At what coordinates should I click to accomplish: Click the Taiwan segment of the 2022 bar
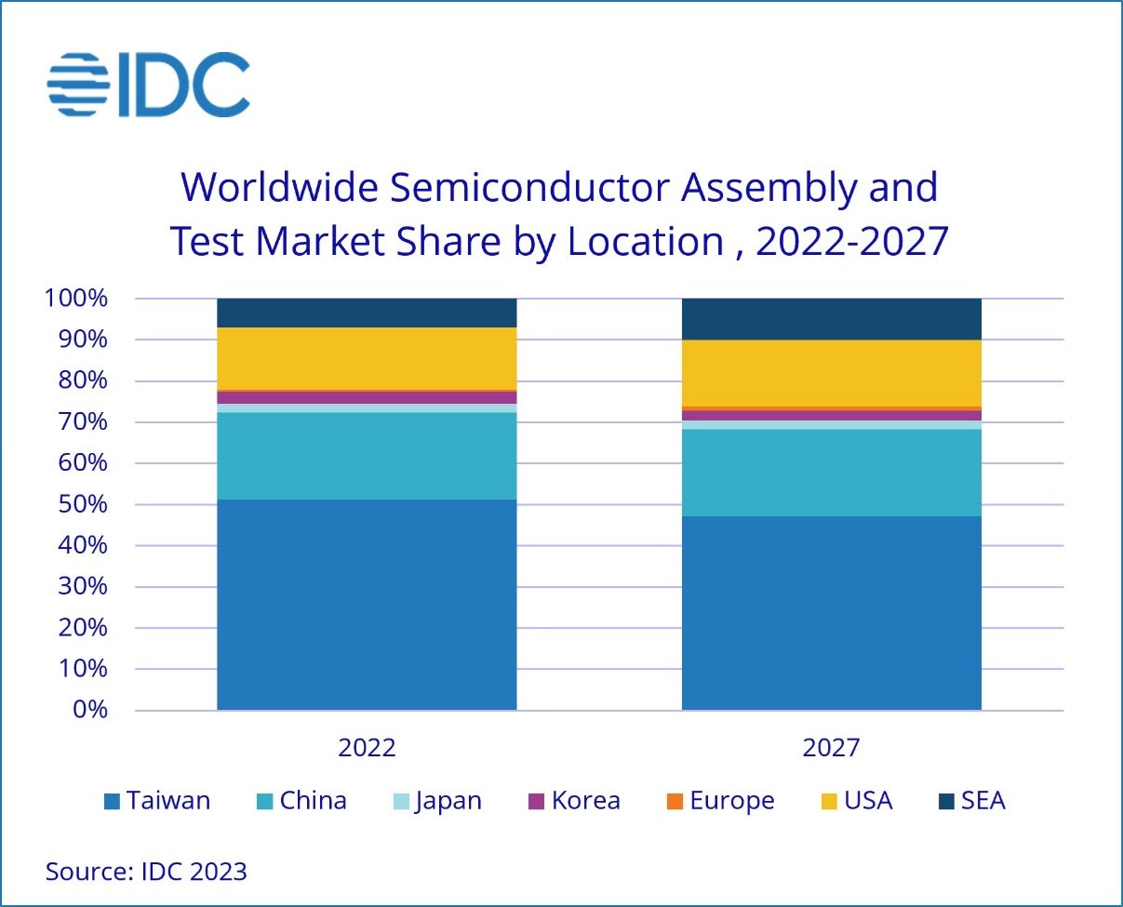[367, 605]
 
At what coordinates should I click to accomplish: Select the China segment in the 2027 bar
[831, 473]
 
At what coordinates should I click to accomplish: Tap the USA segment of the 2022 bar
[367, 358]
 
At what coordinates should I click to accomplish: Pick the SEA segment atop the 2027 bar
[831, 319]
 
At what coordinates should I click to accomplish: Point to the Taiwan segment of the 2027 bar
[831, 613]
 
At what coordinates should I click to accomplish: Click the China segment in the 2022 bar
[367, 456]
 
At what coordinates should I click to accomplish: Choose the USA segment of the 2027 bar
[831, 373]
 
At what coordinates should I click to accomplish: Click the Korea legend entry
[574, 800]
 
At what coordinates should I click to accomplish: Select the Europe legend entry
[721, 800]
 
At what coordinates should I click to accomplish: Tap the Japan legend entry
[437, 800]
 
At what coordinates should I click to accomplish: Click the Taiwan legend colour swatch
[113, 801]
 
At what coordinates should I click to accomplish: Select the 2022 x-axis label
[367, 748]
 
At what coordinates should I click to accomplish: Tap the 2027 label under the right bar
[831, 748]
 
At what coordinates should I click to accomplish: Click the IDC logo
[149, 85]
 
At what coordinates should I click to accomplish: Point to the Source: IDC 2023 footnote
[146, 872]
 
